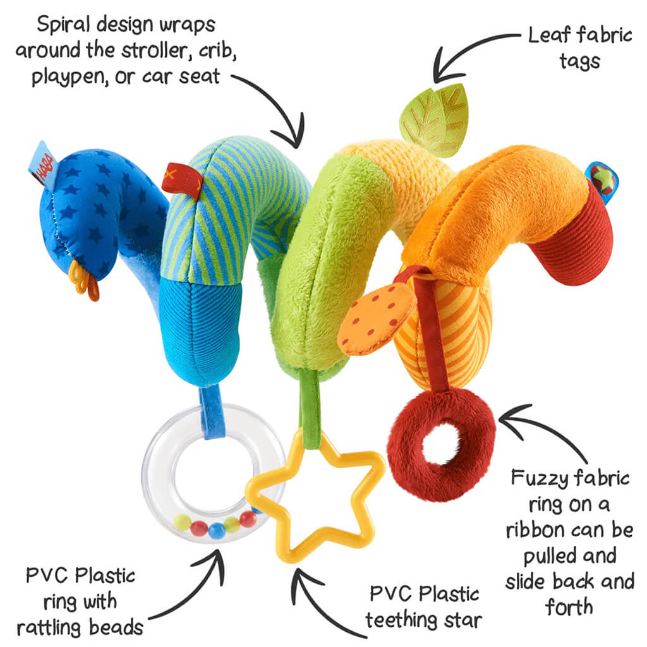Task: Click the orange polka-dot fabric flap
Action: [375, 318]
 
